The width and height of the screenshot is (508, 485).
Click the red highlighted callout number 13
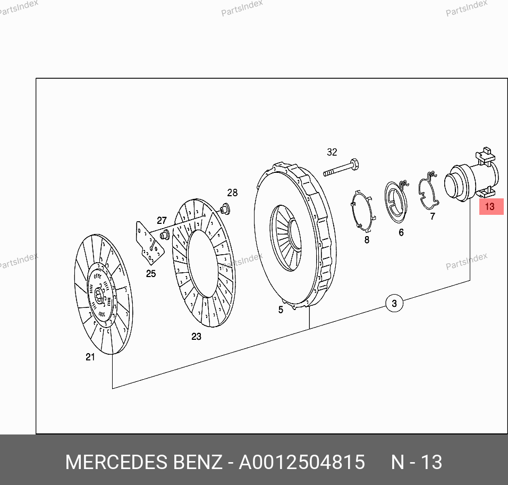pyautogui.click(x=491, y=206)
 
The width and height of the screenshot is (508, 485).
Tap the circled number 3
pyautogui.click(x=394, y=304)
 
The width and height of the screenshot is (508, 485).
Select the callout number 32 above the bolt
pyautogui.click(x=332, y=152)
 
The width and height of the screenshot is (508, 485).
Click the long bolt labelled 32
pyautogui.click(x=341, y=168)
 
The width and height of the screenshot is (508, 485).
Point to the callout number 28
pyautogui.click(x=232, y=193)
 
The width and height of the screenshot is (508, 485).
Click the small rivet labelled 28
pyautogui.click(x=225, y=209)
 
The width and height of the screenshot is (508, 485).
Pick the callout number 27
pyautogui.click(x=162, y=221)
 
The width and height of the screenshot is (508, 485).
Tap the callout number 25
pyautogui.click(x=151, y=274)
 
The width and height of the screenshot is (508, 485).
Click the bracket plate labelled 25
pyautogui.click(x=149, y=243)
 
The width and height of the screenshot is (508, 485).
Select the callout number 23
pyautogui.click(x=196, y=337)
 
